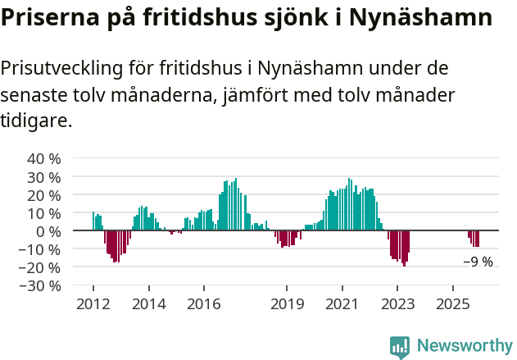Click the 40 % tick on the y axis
coord(44,158)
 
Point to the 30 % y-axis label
coord(44,176)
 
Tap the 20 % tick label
coord(44,194)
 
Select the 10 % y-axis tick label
coord(44,212)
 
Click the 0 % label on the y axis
coord(48,231)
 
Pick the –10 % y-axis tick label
coord(41,249)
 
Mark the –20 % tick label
coord(41,267)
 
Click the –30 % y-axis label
coord(41,285)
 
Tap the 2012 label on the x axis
coord(93,304)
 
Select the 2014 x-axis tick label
coord(148,304)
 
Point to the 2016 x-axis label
coord(203,304)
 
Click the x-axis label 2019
coord(287,304)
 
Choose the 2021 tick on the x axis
coord(342,304)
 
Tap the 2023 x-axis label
coord(397,304)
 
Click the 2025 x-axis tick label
coord(453,304)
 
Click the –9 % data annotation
coord(478,262)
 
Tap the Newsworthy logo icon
coord(400,347)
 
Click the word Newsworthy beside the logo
coord(465,346)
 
